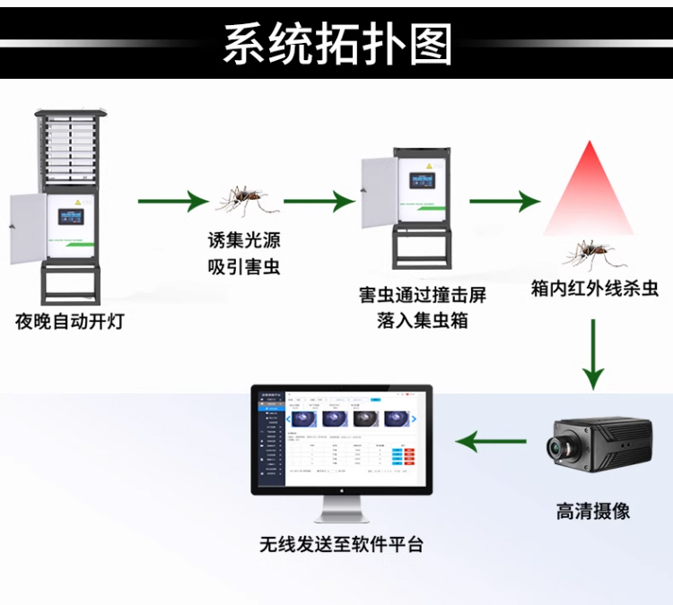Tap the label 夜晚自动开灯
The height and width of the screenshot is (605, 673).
69,321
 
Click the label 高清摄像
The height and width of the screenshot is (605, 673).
592,511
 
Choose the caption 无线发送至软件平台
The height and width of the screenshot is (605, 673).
340,544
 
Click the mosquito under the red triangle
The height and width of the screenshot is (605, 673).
588,253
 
